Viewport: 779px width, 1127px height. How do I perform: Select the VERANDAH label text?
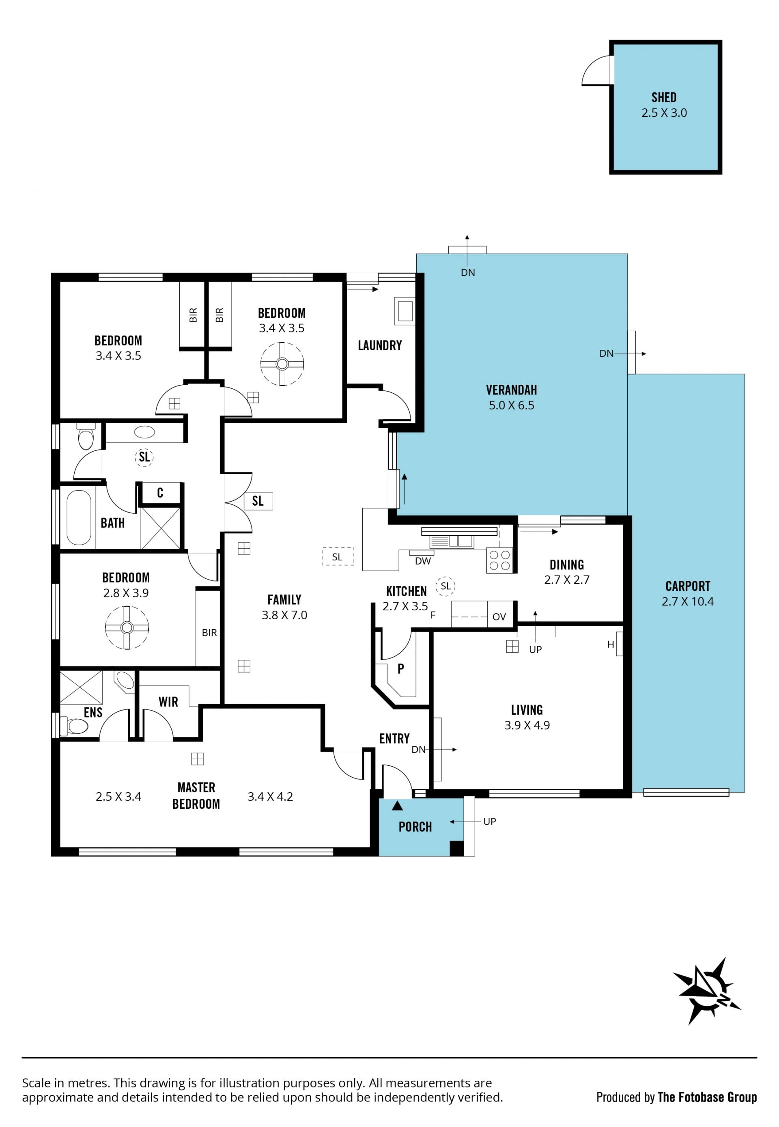[511, 390]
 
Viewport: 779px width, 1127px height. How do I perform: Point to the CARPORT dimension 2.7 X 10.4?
[687, 601]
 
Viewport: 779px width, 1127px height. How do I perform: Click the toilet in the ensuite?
[74, 726]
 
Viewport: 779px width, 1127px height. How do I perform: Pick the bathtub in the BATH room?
[79, 517]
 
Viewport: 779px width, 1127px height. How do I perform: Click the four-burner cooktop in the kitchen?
[499, 560]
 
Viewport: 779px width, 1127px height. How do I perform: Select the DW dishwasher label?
[423, 561]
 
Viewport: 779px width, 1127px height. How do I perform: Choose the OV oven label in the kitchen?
[499, 617]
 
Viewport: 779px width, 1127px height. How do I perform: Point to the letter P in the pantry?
[401, 669]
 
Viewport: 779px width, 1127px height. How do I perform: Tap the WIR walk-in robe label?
[168, 702]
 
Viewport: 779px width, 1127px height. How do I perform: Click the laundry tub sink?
[405, 311]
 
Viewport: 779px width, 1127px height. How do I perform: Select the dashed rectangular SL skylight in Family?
[338, 556]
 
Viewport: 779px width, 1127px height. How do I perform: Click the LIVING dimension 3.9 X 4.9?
[527, 725]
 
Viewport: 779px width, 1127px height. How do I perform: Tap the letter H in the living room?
[610, 645]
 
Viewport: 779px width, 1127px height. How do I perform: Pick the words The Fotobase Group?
[707, 1097]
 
